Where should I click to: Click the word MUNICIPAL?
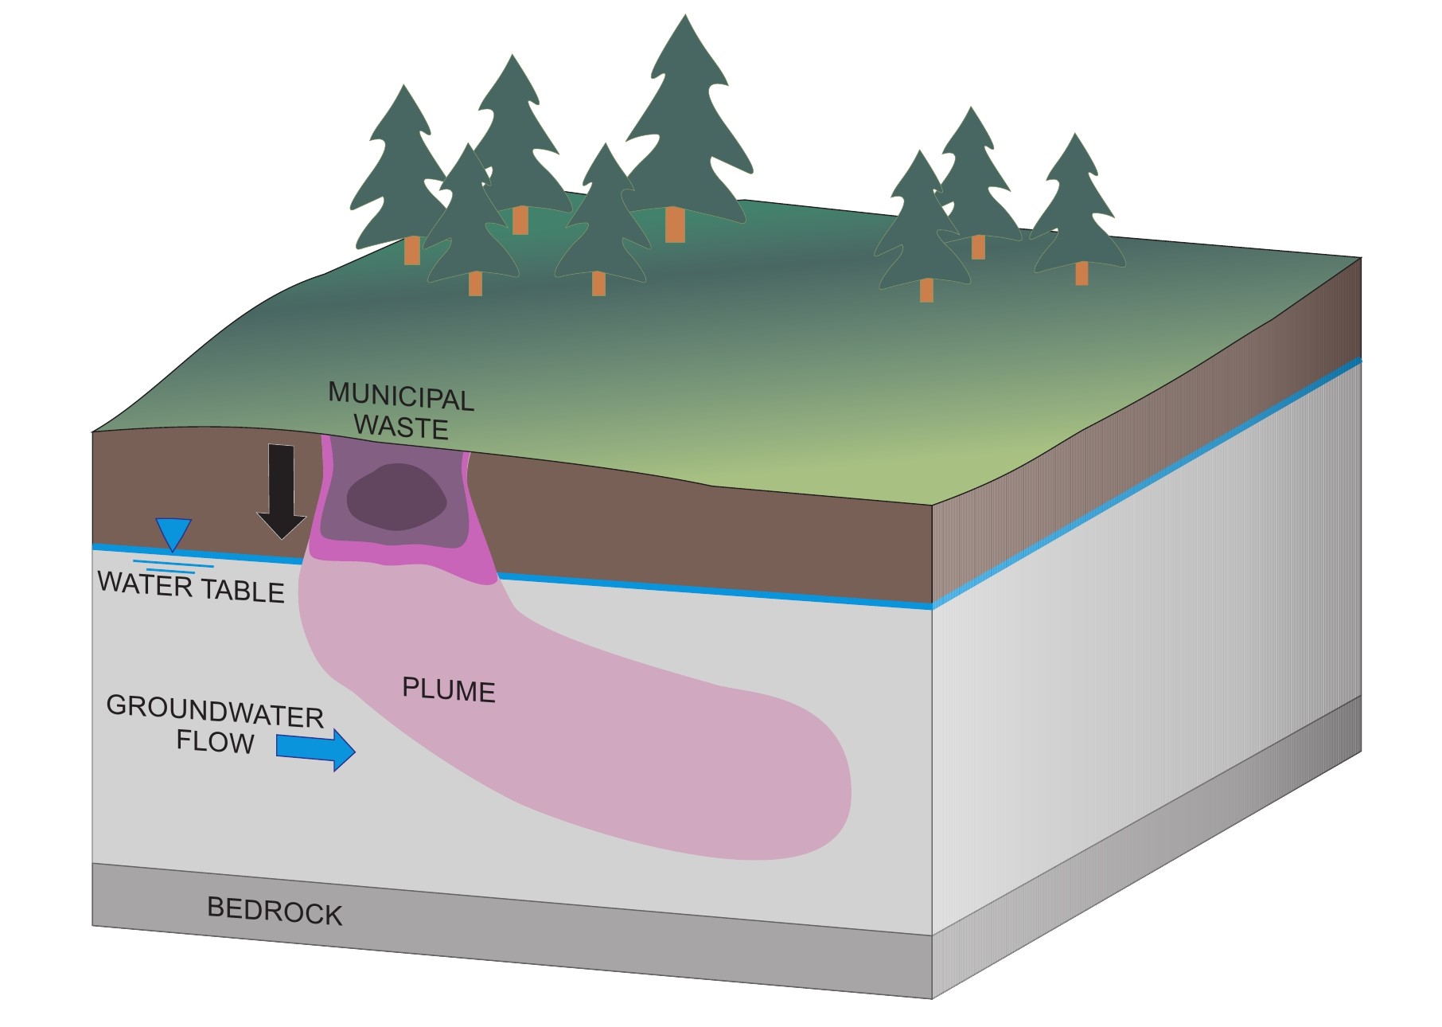point(401,396)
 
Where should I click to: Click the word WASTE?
point(401,427)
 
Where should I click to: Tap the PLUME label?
point(448,689)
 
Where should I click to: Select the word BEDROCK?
point(275,911)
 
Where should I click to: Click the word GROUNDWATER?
point(215,710)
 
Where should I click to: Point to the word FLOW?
point(215,742)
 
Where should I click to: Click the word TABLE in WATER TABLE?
point(242,591)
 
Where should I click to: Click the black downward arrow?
point(281,490)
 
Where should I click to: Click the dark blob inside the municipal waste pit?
point(396,497)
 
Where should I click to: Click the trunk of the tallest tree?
point(675,225)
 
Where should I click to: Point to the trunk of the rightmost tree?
point(1081,273)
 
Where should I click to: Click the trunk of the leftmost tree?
point(411,250)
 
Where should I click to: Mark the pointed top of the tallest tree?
point(684,17)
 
